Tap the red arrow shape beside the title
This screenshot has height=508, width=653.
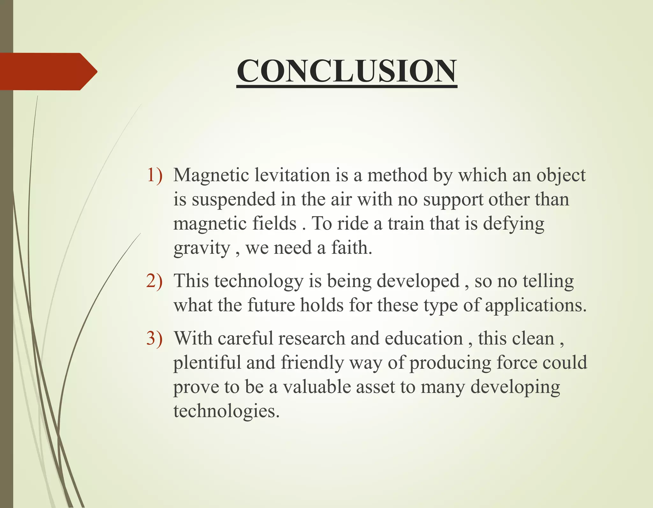click(x=48, y=71)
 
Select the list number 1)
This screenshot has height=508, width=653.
click(x=154, y=175)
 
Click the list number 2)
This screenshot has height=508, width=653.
click(x=154, y=281)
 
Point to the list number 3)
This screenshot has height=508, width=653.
click(x=154, y=338)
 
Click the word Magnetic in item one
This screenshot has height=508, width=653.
click(x=211, y=176)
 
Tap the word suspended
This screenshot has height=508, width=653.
click(x=233, y=200)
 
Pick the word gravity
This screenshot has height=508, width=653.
click(x=202, y=248)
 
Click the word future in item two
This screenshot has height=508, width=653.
click(x=271, y=305)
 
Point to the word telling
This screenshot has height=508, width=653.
click(x=548, y=282)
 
